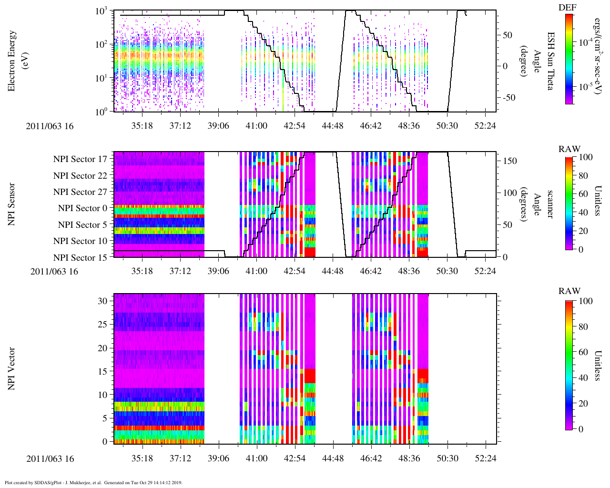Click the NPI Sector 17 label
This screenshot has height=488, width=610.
tap(81, 159)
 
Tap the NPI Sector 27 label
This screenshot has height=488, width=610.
tap(81, 192)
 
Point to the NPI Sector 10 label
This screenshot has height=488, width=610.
tap(81, 241)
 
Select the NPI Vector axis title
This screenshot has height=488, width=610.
tap(11, 369)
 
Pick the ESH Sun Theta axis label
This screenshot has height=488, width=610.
tap(551, 61)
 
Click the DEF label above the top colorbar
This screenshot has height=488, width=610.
tap(566, 7)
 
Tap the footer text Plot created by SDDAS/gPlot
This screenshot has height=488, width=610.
tap(93, 482)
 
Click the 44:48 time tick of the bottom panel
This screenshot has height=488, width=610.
tap(333, 458)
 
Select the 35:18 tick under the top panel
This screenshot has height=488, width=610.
tap(142, 126)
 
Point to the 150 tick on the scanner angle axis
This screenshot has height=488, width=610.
tap(510, 161)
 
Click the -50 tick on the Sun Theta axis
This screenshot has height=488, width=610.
tap(508, 98)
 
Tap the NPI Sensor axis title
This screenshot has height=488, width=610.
tap(11, 204)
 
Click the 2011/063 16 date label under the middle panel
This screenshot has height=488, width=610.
tap(54, 272)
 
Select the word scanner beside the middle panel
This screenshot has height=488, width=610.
tap(550, 204)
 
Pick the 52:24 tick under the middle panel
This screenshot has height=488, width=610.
tap(485, 271)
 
